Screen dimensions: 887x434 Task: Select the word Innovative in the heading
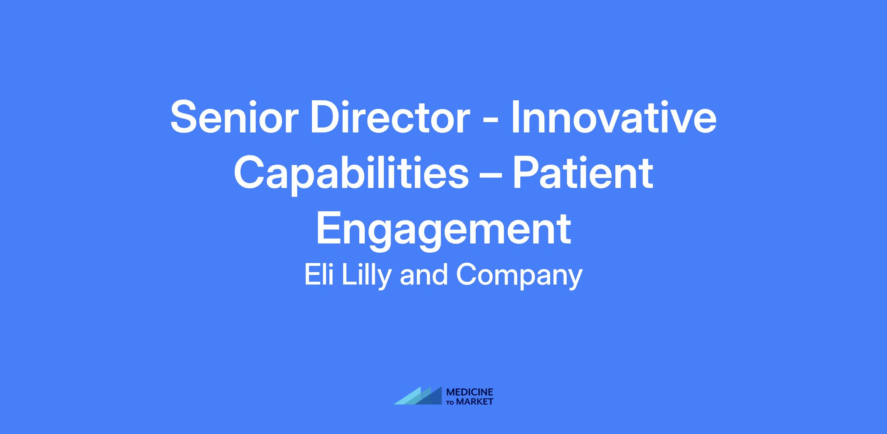[614, 117]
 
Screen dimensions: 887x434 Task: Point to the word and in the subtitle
[424, 275]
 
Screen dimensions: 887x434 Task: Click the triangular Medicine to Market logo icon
[418, 396]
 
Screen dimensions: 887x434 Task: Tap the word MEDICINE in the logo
[470, 392]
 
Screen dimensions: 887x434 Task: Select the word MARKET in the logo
[475, 401]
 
